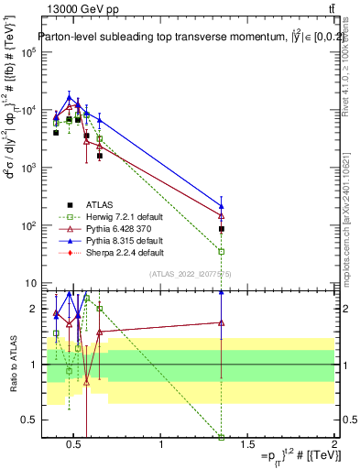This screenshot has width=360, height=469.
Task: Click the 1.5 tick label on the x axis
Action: (x=247, y=445)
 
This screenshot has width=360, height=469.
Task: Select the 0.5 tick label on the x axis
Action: (x=75, y=445)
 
